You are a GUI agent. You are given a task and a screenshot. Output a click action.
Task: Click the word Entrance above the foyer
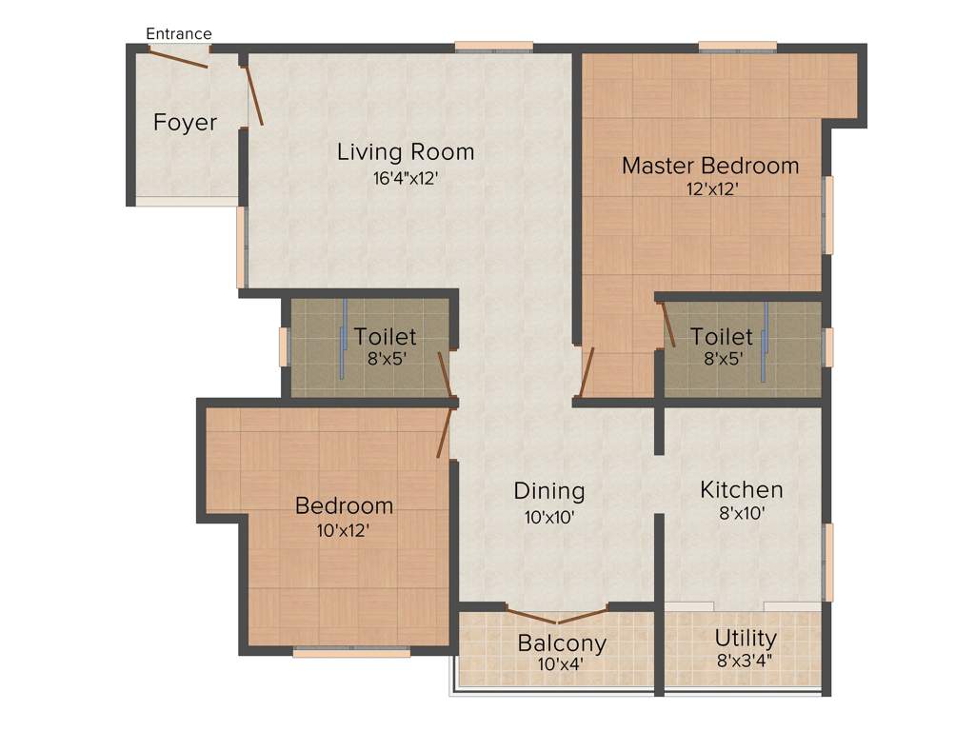pyautogui.click(x=178, y=34)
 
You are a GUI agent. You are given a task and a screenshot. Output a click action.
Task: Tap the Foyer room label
pyautogui.click(x=185, y=123)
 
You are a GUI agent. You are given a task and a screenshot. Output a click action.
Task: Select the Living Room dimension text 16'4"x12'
pyautogui.click(x=406, y=178)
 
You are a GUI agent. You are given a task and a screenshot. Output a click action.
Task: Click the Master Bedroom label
pyautogui.click(x=710, y=166)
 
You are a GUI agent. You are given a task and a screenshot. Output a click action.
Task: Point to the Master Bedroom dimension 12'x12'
pyautogui.click(x=712, y=189)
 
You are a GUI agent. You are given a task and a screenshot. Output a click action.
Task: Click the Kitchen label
pyautogui.click(x=742, y=490)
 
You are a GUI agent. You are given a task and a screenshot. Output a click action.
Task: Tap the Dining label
pyautogui.click(x=548, y=491)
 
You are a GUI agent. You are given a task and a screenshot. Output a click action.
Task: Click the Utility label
pyautogui.click(x=746, y=638)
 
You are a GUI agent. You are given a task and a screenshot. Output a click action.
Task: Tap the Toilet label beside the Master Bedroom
pyautogui.click(x=722, y=337)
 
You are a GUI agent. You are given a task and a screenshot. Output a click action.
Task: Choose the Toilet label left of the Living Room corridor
pyautogui.click(x=385, y=337)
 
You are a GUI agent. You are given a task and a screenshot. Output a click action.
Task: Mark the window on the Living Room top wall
pyautogui.click(x=493, y=46)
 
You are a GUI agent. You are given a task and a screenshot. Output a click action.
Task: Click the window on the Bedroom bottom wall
pyautogui.click(x=351, y=652)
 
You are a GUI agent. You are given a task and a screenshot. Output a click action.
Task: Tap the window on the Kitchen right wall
pyautogui.click(x=828, y=562)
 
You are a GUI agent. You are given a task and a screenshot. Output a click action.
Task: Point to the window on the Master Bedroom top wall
pyautogui.click(x=737, y=46)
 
